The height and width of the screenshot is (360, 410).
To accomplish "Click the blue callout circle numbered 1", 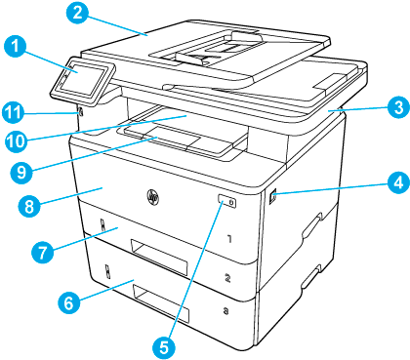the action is point(16,46).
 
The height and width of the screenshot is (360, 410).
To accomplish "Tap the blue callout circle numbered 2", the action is point(77,14).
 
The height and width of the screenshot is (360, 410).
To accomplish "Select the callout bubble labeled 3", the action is point(398,107).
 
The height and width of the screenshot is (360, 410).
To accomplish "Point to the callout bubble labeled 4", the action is point(398,182).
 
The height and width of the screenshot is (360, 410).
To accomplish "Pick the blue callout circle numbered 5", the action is point(164,347).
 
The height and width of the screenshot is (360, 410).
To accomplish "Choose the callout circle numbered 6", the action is point(68,303).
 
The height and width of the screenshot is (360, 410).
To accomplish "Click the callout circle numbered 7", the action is point(43,253).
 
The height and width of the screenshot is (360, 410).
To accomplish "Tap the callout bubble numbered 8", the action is point(29,206).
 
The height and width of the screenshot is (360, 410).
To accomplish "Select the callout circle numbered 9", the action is point(21,172).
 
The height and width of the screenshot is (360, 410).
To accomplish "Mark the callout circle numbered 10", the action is point(16,141).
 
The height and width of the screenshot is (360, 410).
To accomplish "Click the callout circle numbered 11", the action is point(13,113).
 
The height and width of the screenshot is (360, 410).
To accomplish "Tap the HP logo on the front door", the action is point(152,196).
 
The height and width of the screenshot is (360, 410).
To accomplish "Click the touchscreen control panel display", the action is point(83,80).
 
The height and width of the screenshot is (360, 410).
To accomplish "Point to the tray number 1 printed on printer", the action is point(229,239).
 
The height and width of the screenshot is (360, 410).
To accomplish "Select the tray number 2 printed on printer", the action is point(227,278).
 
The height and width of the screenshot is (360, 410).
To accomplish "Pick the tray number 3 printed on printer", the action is point(225,311).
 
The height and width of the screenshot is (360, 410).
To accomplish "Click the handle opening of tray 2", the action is point(159,257).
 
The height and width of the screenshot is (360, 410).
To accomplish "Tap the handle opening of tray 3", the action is point(161,303).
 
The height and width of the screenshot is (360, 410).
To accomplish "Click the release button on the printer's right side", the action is point(272,197).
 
